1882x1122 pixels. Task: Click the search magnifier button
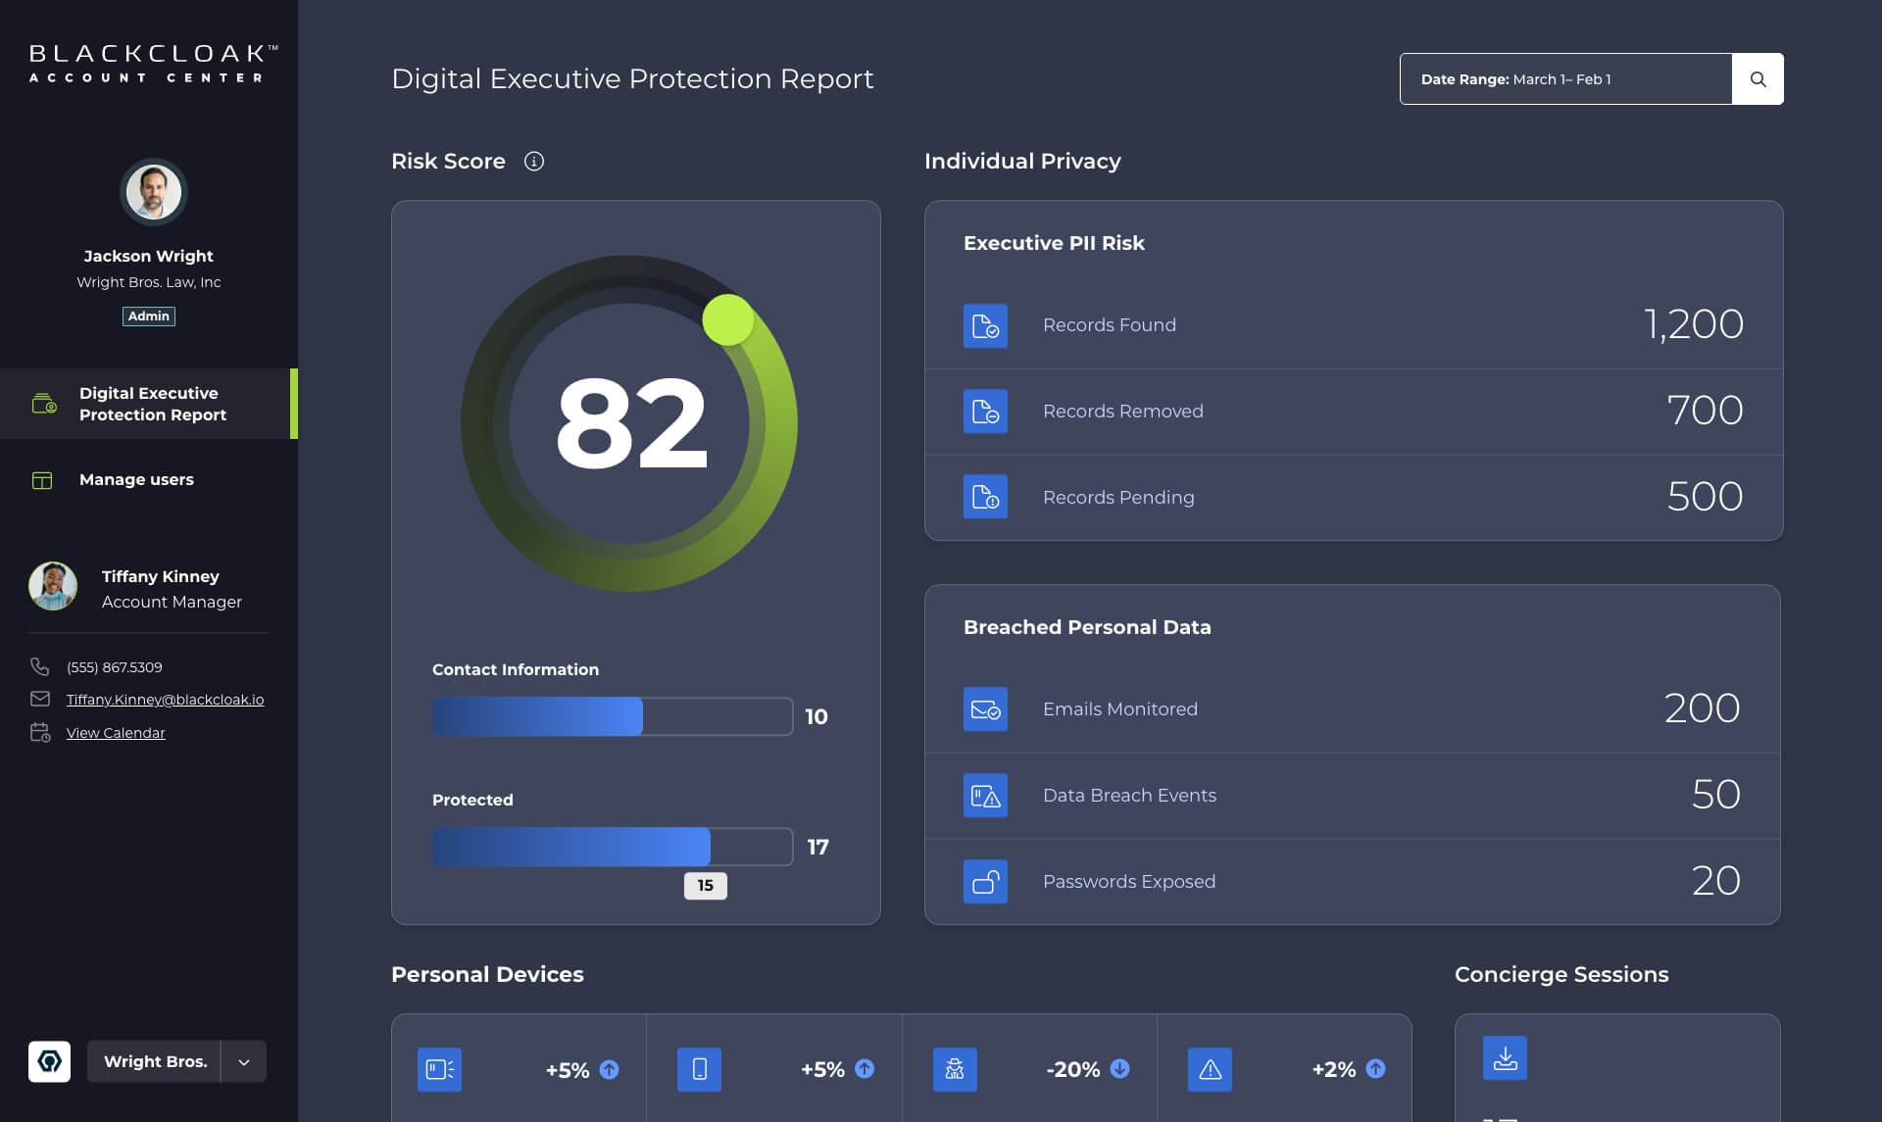[1758, 79]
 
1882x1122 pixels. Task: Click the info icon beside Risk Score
[533, 162]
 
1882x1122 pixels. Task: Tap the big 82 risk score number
[630, 423]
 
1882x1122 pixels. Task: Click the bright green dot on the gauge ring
[727, 319]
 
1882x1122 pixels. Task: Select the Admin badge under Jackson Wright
[149, 317]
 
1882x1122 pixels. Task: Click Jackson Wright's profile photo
[153, 192]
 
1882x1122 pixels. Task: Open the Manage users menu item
[136, 480]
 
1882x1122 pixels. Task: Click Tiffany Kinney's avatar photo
[53, 587]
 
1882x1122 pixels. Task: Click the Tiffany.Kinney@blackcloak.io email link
[165, 700]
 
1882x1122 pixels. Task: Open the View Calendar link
[116, 733]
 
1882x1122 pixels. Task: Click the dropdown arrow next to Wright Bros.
[244, 1062]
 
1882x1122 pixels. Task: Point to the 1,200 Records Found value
[1693, 324]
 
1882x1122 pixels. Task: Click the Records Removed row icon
[985, 412]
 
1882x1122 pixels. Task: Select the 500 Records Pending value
[1705, 497]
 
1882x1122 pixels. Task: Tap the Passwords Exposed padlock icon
[985, 882]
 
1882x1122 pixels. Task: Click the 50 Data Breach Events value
[1715, 795]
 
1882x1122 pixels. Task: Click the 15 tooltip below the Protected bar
[705, 886]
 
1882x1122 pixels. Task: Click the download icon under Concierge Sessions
[1505, 1058]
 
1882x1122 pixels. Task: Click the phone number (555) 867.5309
[115, 667]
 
